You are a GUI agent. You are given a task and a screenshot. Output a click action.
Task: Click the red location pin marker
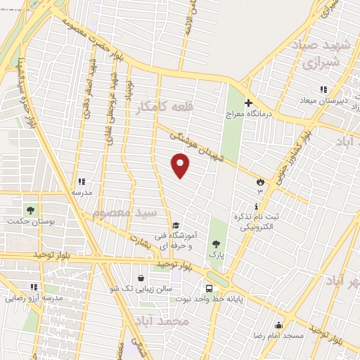pos(181,166)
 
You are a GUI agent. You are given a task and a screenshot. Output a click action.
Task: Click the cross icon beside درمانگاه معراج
pos(247,103)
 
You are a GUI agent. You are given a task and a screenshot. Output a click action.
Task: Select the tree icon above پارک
pos(215,244)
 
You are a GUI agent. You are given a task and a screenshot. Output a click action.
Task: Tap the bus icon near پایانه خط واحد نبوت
pos(209,288)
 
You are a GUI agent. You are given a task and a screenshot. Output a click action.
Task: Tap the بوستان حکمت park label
pos(29,221)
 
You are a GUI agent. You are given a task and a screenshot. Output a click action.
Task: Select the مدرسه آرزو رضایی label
pos(34,297)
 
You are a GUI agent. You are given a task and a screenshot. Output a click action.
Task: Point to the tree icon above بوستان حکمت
pos(30,210)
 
